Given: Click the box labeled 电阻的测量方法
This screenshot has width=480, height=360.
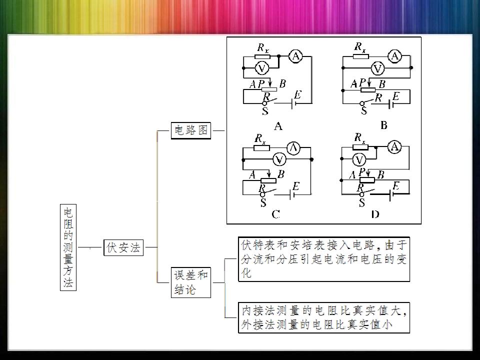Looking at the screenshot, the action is point(68,247).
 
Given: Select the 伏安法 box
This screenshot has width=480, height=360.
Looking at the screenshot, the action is point(123,247).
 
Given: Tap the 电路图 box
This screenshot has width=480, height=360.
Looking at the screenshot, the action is point(190,130).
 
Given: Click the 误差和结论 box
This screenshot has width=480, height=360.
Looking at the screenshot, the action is point(190,282).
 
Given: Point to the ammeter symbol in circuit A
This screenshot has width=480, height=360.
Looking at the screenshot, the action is point(295,56).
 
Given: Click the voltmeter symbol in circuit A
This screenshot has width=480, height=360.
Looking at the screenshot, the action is point(261,68).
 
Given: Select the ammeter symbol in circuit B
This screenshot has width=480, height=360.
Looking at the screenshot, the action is point(394,56).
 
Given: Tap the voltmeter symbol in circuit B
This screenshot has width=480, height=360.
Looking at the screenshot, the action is point(378,68).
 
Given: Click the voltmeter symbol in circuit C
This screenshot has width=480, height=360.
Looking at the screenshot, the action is point(279,159).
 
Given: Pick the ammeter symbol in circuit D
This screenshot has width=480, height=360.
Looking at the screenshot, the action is point(394,147).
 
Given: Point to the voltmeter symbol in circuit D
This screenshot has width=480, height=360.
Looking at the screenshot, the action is point(359,159).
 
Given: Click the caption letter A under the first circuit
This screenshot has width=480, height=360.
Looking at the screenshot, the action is point(278,126).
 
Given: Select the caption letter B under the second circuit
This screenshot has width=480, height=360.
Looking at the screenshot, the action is point(383,125).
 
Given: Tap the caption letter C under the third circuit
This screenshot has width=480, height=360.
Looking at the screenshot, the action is point(275,214).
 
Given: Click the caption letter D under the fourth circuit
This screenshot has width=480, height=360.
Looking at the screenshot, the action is point(375,214).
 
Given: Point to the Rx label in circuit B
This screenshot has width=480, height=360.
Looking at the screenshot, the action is point(360,47).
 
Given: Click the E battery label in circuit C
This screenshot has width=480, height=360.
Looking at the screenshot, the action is point(295,186).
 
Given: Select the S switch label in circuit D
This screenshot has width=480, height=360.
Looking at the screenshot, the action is point(362,202).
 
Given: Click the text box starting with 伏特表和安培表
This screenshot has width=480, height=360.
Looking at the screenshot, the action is point(324,259).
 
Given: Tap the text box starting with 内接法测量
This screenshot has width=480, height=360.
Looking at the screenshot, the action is point(324,317).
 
